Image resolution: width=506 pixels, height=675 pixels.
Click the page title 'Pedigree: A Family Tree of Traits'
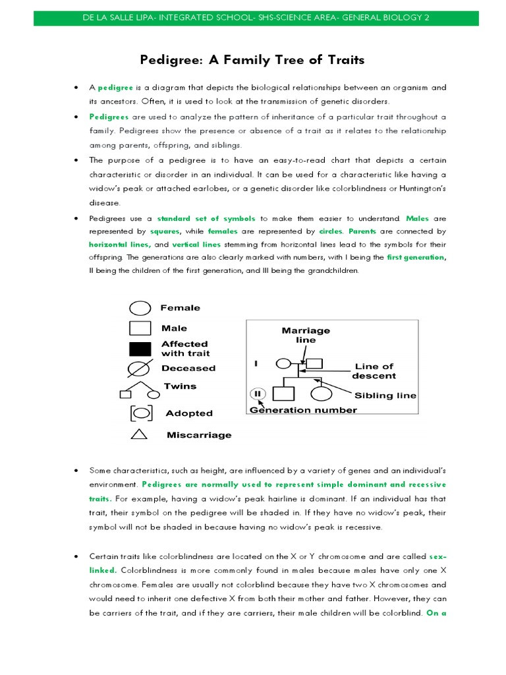(252, 61)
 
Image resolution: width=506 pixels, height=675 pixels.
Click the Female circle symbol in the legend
(140, 308)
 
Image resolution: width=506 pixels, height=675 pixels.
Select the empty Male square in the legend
(140, 328)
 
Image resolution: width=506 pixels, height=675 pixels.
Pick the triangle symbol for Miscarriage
(139, 434)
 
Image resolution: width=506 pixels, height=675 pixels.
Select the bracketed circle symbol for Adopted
(141, 413)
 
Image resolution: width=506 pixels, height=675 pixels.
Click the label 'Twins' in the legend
(180, 386)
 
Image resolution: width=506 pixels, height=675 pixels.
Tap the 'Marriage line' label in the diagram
(306, 335)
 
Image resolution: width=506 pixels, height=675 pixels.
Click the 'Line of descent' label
(374, 371)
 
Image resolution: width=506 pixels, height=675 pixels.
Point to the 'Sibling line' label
(385, 396)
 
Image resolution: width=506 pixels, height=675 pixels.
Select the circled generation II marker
(258, 394)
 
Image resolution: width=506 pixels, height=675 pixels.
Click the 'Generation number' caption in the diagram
(303, 410)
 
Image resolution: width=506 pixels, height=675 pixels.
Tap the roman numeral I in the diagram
(256, 363)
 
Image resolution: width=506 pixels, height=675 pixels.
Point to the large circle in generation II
(321, 394)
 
